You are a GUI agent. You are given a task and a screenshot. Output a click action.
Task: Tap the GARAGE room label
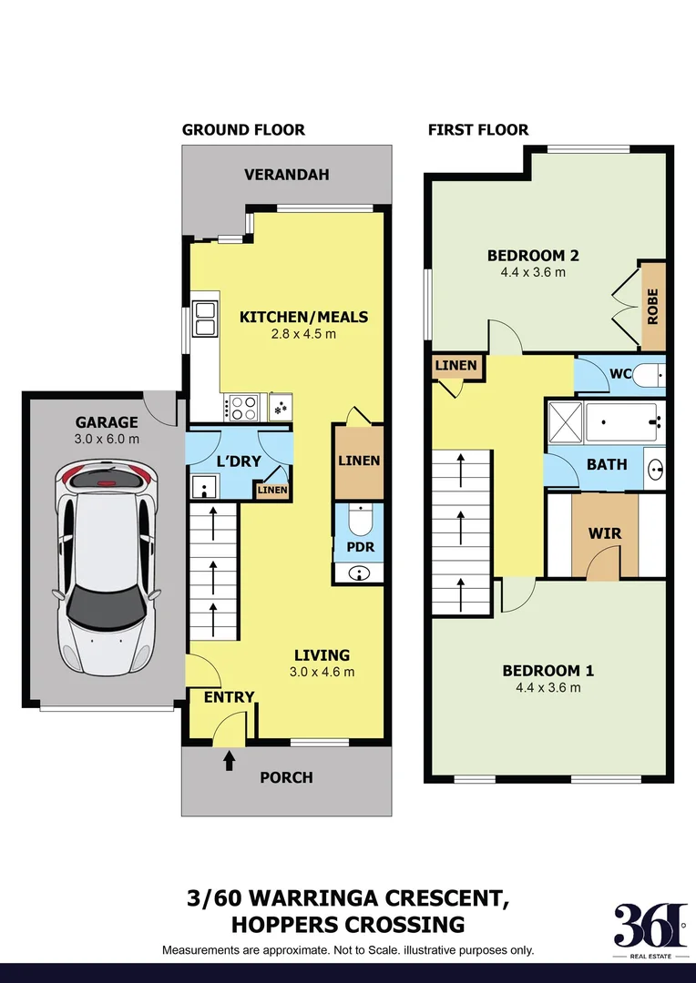point(107,422)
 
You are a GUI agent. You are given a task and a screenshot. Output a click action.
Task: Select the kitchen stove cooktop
point(243,407)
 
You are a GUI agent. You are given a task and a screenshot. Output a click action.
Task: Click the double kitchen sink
point(205,319)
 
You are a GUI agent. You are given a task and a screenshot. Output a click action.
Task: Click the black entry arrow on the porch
point(228,756)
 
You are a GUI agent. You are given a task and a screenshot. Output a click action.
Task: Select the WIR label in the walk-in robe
point(605,532)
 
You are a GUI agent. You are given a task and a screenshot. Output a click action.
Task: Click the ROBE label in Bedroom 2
point(653,307)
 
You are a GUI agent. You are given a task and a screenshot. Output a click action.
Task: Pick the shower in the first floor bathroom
point(565,423)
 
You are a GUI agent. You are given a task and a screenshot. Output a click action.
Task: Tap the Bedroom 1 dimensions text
point(548,688)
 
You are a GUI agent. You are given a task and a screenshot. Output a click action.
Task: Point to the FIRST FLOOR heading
point(478,129)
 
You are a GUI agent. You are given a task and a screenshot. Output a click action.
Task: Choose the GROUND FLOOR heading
point(243,129)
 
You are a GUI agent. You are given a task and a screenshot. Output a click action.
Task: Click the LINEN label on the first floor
point(455,366)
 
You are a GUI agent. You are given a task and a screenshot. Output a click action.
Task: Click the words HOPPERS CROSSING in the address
point(348,925)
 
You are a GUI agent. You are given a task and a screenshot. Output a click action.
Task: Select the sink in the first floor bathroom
point(655,469)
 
